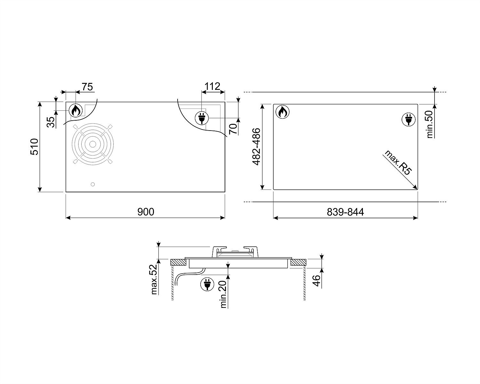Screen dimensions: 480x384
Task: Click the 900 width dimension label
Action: pos(146,212)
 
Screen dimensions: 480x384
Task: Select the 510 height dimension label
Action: pos(35,147)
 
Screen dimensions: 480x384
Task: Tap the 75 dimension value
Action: pos(87,87)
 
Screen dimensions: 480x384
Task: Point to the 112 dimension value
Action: pos(212,86)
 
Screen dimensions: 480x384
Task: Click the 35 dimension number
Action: pos(51,122)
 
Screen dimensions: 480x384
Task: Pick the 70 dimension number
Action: pos(233,129)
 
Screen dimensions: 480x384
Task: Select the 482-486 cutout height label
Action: pos(256,147)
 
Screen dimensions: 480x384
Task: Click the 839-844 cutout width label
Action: pos(345,212)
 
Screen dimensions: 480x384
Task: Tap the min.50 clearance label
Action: pos(429,124)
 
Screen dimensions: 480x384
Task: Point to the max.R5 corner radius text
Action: pos(398,162)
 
